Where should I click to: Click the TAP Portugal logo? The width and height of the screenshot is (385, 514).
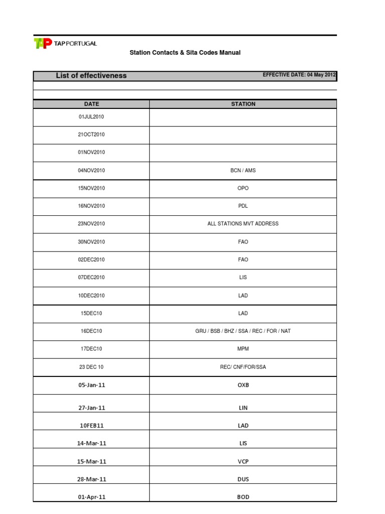[x=65, y=44]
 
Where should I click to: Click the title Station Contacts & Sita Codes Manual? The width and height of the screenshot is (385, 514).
[x=185, y=53]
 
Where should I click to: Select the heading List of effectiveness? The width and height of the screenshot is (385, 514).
[x=91, y=76]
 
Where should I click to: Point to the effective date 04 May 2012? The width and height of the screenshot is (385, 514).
[x=299, y=75]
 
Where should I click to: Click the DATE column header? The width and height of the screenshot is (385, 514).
[x=91, y=104]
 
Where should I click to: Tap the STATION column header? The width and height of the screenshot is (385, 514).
[x=243, y=104]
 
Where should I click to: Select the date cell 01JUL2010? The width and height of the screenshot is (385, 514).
[x=91, y=117]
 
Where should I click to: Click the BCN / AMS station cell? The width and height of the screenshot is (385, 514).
[x=243, y=171]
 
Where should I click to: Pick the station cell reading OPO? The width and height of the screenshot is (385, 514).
[x=243, y=188]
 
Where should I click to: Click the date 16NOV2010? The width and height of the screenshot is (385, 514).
[x=91, y=206]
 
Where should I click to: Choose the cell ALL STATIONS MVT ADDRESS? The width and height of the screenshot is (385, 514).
[x=243, y=224]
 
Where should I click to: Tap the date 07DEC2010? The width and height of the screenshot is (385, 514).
[x=91, y=278]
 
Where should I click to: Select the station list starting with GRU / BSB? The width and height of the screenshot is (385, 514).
[x=243, y=331]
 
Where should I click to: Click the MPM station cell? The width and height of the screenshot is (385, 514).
[x=243, y=349]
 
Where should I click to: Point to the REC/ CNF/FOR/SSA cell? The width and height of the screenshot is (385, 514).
[x=243, y=367]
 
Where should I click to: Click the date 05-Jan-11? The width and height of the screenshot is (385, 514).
[x=91, y=385]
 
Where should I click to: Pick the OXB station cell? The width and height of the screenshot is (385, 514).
[x=243, y=385]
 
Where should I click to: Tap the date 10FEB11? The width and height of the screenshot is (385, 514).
[x=91, y=426]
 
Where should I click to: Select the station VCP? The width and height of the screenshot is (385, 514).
[x=243, y=461]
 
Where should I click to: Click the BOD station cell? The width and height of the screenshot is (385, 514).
[x=243, y=497]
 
